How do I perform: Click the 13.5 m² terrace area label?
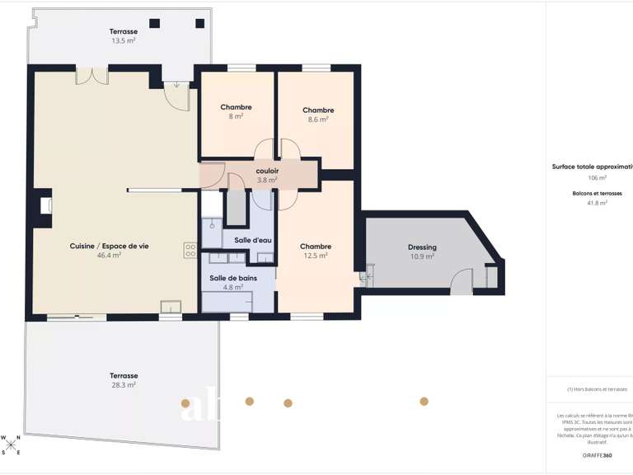pyautogui.click(x=124, y=40)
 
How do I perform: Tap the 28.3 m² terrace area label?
pyautogui.click(x=124, y=384)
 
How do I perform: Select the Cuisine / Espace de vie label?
pyautogui.click(x=109, y=246)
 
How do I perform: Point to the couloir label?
pyautogui.click(x=267, y=171)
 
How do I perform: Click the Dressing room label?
pyautogui.click(x=422, y=247)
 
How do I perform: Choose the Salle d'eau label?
pyautogui.click(x=253, y=240)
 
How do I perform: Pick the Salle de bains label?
pyautogui.click(x=227, y=278)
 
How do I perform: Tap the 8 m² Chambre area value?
pyautogui.click(x=236, y=116)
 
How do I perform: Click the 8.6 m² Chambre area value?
pyautogui.click(x=318, y=120)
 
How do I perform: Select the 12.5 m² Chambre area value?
pyautogui.click(x=316, y=256)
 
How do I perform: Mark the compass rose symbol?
pyautogui.click(x=12, y=446)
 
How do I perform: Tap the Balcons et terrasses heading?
pyautogui.click(x=597, y=194)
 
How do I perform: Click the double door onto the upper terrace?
pyautogui.click(x=92, y=77)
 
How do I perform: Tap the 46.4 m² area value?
pyautogui.click(x=109, y=256)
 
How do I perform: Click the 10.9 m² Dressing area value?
pyautogui.click(x=422, y=256)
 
